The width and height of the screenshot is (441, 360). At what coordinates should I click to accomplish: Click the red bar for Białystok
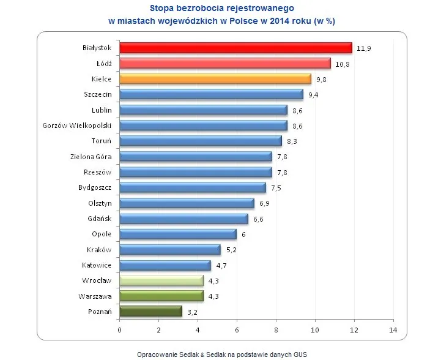(235, 48)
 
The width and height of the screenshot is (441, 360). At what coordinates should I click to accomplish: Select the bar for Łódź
(224, 63)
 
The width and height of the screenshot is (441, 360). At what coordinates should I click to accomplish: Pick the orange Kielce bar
(215, 79)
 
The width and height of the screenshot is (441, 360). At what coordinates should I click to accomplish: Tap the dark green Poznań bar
(150, 312)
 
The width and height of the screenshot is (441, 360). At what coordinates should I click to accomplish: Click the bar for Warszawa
(161, 296)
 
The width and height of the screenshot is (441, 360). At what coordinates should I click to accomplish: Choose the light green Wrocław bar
(161, 281)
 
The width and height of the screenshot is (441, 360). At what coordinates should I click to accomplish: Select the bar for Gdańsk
(183, 219)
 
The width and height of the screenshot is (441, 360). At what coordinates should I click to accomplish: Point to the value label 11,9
(365, 48)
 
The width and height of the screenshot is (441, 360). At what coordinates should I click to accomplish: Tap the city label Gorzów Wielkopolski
(76, 126)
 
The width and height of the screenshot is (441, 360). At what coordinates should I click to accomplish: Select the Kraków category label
(99, 250)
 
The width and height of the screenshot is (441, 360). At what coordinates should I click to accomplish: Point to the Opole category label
(101, 234)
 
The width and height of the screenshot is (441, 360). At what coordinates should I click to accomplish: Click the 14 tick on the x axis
(393, 331)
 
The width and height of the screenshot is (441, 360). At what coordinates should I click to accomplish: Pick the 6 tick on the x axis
(237, 331)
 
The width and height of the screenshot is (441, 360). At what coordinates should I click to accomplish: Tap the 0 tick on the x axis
(120, 331)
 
